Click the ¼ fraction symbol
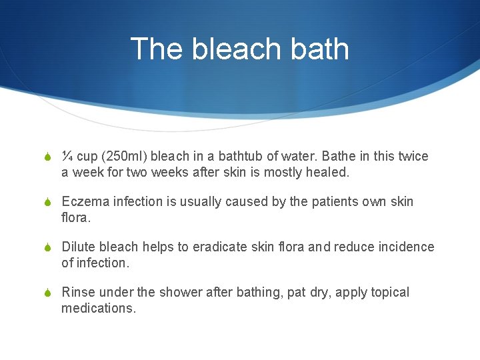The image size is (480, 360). [x=67, y=157]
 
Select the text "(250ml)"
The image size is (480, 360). [x=123, y=157]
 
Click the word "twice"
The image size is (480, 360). [x=413, y=157]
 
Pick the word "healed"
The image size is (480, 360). [x=326, y=172]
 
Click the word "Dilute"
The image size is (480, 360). [x=79, y=247]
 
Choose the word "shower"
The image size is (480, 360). [x=199, y=293]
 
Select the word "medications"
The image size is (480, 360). [x=97, y=308]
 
